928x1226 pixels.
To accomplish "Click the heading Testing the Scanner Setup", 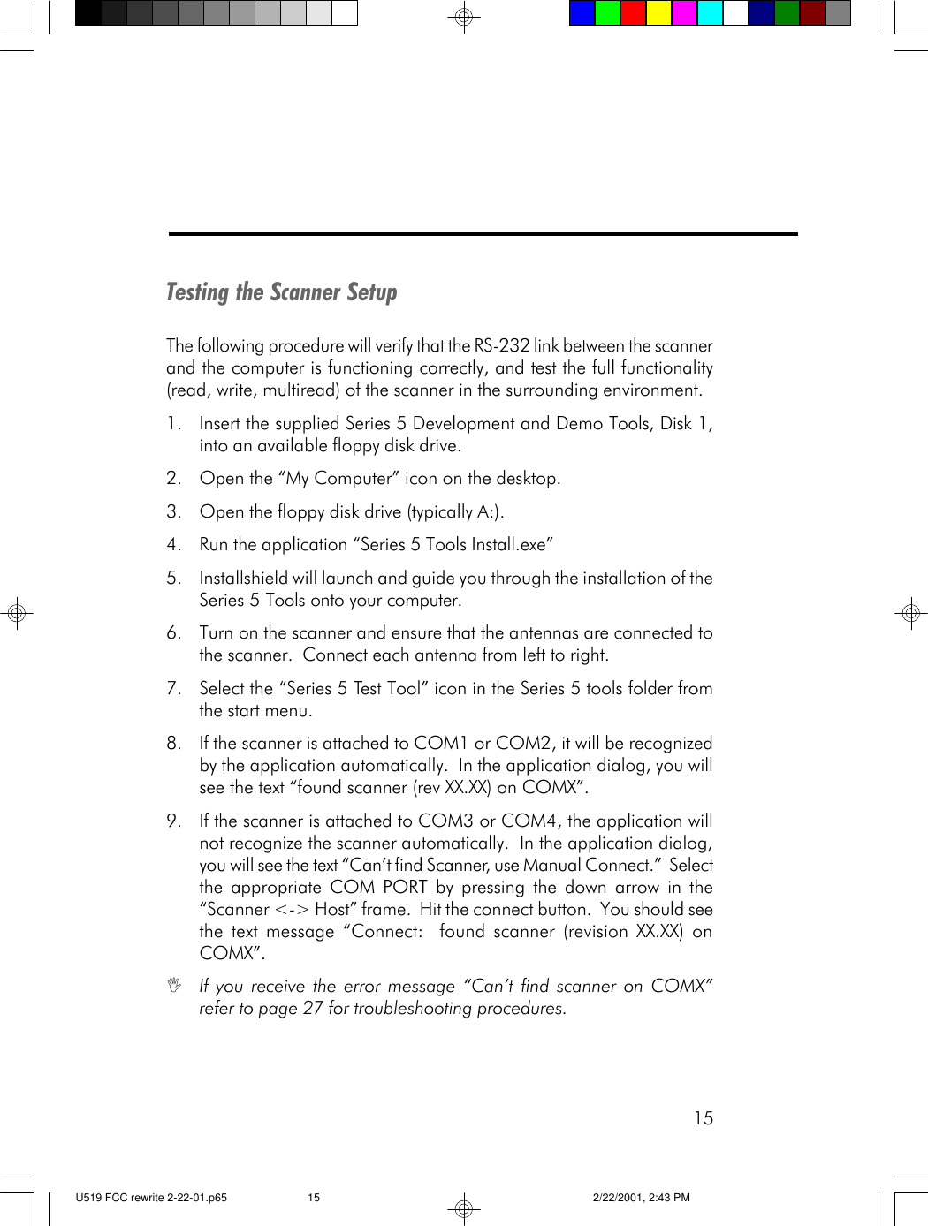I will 281,292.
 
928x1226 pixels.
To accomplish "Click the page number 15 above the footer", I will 703,1118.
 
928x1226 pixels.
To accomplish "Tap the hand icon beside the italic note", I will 175,984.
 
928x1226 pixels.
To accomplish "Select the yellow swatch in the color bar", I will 658,13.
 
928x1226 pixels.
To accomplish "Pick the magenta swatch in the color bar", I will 684,13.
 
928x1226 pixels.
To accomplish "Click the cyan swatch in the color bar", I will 710,13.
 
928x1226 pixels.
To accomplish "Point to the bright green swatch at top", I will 607,13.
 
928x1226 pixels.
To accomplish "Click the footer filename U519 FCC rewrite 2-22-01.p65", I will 151,1198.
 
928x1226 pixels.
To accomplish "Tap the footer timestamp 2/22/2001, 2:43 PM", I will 641,1198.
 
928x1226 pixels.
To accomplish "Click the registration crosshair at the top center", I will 463,17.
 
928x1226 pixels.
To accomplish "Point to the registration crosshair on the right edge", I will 910,612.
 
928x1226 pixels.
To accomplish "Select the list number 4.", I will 173,545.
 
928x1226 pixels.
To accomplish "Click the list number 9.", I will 173,821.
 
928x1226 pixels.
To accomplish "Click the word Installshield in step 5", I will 243,579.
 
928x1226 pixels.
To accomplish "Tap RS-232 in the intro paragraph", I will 501,345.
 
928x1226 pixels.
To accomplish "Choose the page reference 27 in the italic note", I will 313,1009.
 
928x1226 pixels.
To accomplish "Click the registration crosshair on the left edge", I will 16,612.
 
